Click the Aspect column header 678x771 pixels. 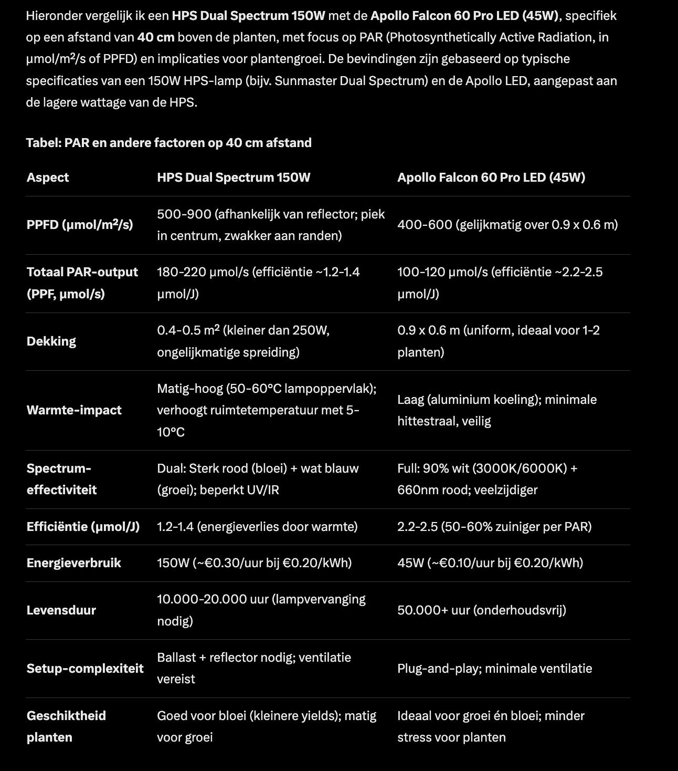point(48,178)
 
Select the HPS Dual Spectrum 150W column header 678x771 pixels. point(234,178)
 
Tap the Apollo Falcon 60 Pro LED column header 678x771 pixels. point(491,178)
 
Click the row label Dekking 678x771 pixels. point(51,341)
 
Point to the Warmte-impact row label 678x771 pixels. point(74,410)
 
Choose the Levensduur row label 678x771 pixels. point(61,610)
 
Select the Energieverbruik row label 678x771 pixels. point(74,563)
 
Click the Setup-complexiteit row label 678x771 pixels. point(85,669)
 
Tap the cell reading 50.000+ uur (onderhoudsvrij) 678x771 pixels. point(482,610)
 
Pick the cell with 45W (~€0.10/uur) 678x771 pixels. point(490,563)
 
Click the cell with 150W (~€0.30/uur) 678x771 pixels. point(255,563)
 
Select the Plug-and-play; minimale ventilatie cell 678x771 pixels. point(495,669)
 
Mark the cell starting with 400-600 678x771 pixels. point(507,225)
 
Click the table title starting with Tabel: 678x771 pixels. point(169,143)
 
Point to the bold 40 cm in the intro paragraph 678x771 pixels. point(156,37)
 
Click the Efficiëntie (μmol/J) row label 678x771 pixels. point(83,527)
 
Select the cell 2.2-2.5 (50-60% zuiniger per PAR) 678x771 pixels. point(494,527)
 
